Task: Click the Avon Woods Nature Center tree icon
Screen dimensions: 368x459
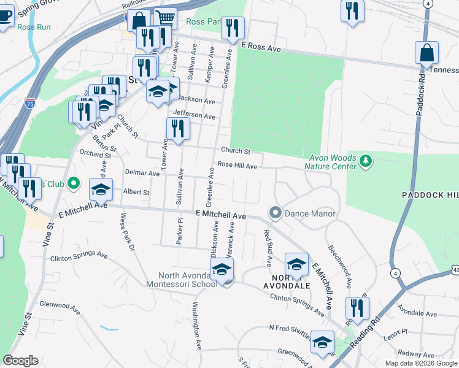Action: (366, 161)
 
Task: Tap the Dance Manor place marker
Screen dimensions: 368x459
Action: (275, 213)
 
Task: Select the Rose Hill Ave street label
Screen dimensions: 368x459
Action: (237, 165)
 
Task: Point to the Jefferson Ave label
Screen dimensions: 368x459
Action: (194, 115)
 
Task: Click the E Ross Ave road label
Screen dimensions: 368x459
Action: (261, 46)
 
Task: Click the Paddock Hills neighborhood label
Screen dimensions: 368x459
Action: (430, 194)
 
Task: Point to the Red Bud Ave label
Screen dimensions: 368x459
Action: (268, 248)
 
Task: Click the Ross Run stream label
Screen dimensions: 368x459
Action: (34, 28)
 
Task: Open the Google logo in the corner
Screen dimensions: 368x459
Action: (20, 361)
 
